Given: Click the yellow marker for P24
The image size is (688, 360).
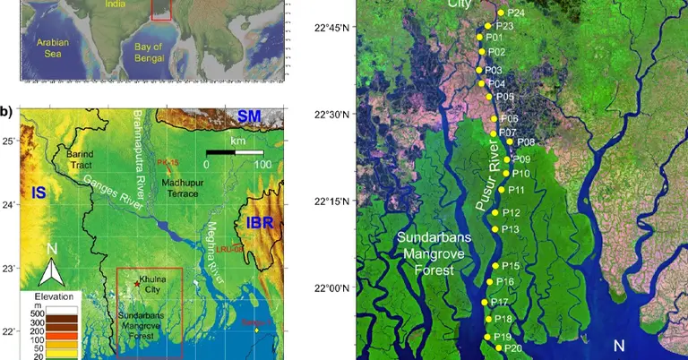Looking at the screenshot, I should pyautogui.click(x=500, y=13).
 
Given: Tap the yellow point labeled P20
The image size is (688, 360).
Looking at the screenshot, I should pyautogui.click(x=498, y=347).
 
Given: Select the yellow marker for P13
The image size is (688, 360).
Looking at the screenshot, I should pyautogui.click(x=495, y=229).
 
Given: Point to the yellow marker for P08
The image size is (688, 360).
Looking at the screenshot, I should pyautogui.click(x=510, y=141).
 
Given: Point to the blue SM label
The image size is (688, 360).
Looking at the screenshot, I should pyautogui.click(x=254, y=116).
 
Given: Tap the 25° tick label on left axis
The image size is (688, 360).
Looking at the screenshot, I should pyautogui.click(x=8, y=141).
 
